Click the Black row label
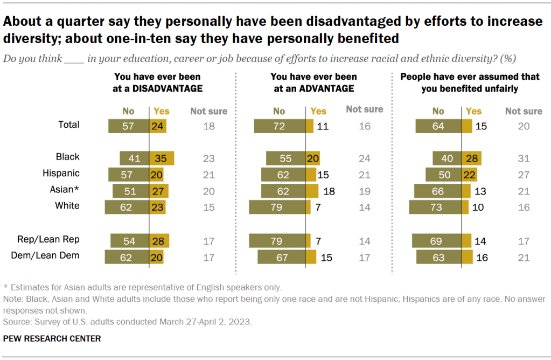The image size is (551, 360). click(x=67, y=157)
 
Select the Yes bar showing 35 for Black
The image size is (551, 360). click(x=161, y=158)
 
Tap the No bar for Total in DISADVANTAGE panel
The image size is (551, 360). click(x=128, y=126)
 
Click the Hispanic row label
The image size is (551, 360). click(x=61, y=174)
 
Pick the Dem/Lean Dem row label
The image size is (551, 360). click(x=45, y=255)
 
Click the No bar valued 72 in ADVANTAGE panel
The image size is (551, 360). click(x=280, y=126)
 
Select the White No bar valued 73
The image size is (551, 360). click(x=435, y=207)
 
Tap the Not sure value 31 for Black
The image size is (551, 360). click(x=524, y=159)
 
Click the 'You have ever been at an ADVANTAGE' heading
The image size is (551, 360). click(x=313, y=83)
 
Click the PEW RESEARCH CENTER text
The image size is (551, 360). click(x=52, y=338)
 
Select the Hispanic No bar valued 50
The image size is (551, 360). click(x=443, y=175)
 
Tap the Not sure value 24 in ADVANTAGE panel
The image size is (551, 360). click(x=365, y=159)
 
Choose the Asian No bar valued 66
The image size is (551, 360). click(x=437, y=191)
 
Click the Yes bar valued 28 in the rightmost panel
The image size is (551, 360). click(x=471, y=159)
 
